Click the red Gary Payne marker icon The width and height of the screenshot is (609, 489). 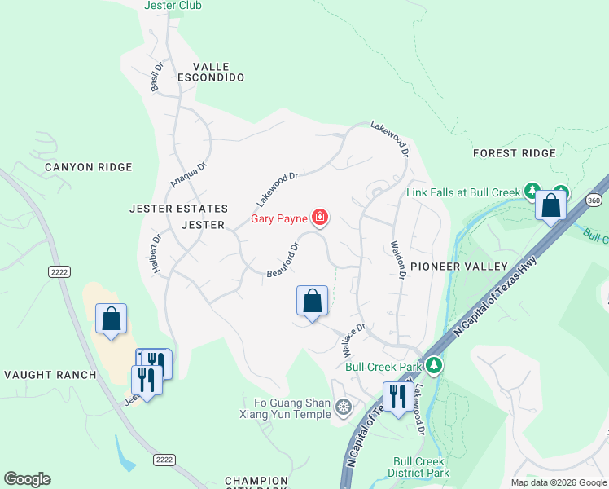coord(322,217)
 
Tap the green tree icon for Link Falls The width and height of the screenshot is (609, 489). coord(532,192)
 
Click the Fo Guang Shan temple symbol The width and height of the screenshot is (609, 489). coord(344,406)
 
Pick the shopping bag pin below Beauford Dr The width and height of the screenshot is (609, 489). coord(312,302)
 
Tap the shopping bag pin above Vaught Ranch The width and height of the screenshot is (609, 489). coord(112,319)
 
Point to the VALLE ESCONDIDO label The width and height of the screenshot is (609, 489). coord(217,72)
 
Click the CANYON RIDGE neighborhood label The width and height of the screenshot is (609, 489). coord(88,167)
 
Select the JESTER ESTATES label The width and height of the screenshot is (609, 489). coord(178,209)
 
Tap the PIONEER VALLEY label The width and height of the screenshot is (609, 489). coord(458,267)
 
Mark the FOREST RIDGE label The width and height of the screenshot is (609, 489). coord(515,153)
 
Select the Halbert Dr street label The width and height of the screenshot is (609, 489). coord(154,252)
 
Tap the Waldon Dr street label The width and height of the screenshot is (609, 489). coord(398,260)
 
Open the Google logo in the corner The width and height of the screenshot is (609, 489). coord(27,479)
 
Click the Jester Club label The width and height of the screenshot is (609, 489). coord(173,6)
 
